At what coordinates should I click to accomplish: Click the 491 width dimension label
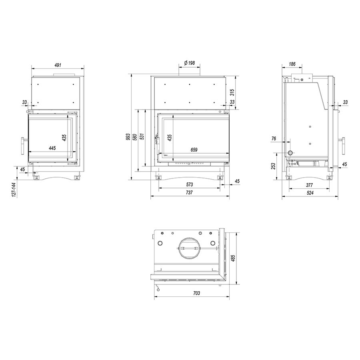tap(58, 65)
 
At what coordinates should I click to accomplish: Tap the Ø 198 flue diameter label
tap(190, 63)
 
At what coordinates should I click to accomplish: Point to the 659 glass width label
tap(194, 150)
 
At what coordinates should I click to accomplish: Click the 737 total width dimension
tap(189, 193)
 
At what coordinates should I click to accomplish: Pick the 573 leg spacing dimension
tap(190, 184)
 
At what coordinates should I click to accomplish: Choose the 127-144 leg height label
tap(14, 190)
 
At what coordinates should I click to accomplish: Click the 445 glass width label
tap(52, 148)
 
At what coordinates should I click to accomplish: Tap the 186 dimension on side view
tap(292, 64)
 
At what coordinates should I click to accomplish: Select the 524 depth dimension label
tap(310, 193)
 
